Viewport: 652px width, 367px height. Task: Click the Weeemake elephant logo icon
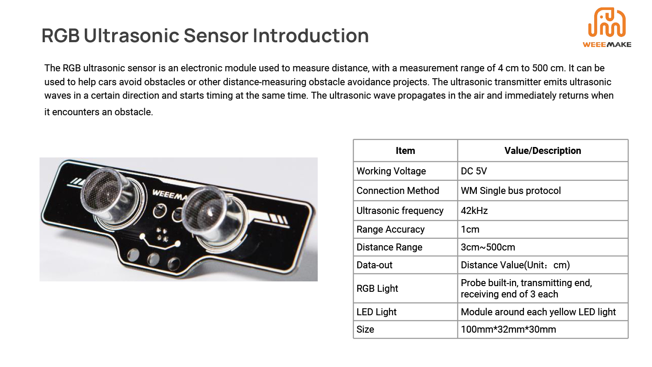coord(607,22)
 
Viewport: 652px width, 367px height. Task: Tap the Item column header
coord(405,150)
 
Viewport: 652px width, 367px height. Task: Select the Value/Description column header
coord(542,150)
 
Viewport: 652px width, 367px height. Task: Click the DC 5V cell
coord(474,171)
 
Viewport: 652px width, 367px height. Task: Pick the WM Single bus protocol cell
coord(511,190)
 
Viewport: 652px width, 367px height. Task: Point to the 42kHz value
coord(474,210)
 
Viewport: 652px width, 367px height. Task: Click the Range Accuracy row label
coord(390,229)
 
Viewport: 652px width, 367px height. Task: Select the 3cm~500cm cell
coord(488,247)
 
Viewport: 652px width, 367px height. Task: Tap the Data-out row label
coord(374,265)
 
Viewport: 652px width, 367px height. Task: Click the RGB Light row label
coord(377,288)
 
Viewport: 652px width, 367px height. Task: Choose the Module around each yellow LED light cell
coord(538,312)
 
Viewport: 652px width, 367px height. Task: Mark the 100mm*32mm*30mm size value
coord(508,330)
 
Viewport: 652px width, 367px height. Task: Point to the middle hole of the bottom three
coord(153,259)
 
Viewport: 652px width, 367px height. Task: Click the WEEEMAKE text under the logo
coord(607,44)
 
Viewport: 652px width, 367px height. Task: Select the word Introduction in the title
coord(311,36)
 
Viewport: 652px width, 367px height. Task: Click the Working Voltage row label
coord(391,171)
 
